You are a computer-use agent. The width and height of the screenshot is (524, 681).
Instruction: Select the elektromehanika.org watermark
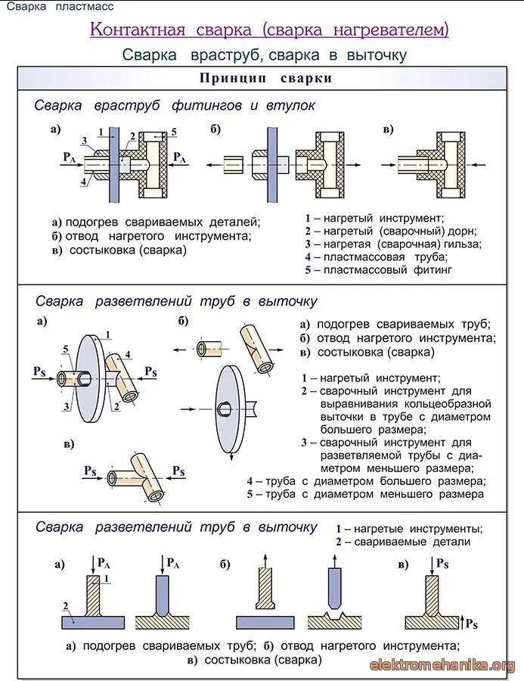pyautogui.click(x=442, y=665)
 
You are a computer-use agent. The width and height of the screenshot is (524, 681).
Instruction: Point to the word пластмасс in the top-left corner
pyautogui.click(x=84, y=7)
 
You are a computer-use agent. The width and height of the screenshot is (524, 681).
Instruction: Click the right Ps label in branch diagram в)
pyautogui.click(x=178, y=471)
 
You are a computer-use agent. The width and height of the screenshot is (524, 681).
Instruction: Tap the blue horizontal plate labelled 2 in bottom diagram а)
pyautogui.click(x=91, y=622)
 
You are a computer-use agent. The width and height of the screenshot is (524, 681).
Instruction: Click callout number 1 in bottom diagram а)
pyautogui.click(x=107, y=579)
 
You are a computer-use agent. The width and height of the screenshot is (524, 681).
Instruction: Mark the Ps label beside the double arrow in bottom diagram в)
pyautogui.click(x=470, y=623)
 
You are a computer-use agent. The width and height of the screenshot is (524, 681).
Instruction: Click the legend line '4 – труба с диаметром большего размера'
pyautogui.click(x=366, y=481)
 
